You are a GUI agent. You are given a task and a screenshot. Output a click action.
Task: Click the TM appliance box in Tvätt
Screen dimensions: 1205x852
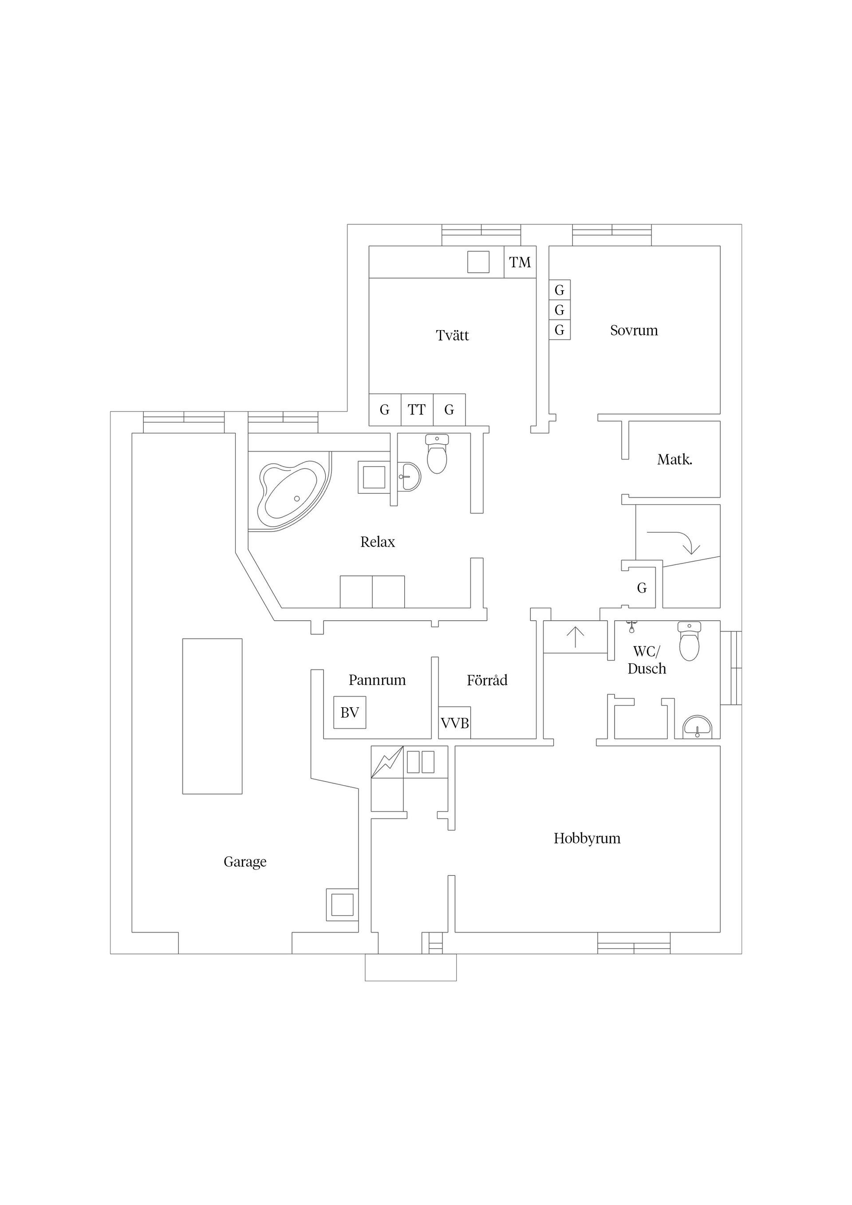[x=520, y=262]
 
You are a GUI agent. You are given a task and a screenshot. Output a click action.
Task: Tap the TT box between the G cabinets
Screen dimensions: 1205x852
[x=417, y=410]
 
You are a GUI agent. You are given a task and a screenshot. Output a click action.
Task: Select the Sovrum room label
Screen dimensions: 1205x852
[x=634, y=330]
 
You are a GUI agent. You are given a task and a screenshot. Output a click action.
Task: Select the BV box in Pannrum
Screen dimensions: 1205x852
[x=350, y=712]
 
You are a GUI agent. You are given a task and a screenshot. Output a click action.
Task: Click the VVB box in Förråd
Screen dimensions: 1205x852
[x=454, y=723]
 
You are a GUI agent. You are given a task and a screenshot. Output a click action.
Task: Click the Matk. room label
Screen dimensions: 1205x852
[x=674, y=460]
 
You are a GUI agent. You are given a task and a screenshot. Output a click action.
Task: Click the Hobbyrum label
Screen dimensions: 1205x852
[x=587, y=838]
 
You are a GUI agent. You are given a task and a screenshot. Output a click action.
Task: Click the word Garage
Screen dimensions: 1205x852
[x=245, y=861]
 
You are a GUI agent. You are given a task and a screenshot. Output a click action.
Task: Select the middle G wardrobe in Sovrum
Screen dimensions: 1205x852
[x=560, y=310]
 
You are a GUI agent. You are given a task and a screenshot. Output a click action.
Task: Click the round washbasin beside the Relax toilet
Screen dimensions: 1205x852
[x=410, y=476]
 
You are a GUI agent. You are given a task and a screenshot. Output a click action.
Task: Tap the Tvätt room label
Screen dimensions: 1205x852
[x=452, y=335]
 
